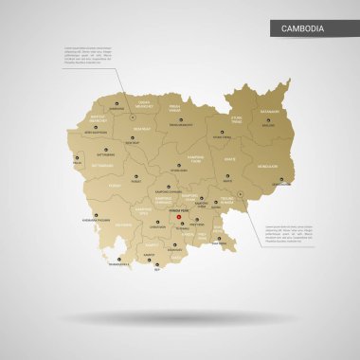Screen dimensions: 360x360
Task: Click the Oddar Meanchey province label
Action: point(143,103)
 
